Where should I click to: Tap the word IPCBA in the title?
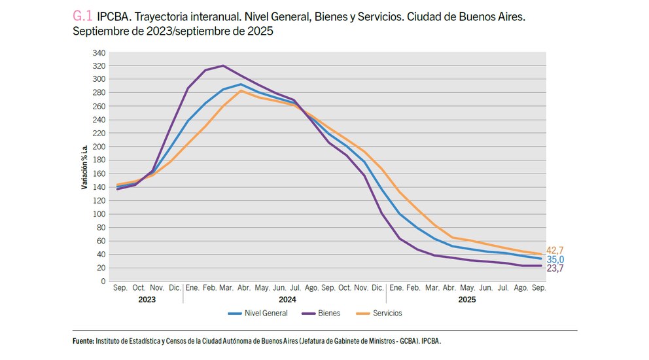tap(111, 16)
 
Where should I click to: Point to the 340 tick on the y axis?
tap(99, 52)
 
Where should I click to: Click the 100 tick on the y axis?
tap(99, 214)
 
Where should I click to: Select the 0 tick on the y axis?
tap(103, 281)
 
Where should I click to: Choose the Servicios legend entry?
tap(387, 314)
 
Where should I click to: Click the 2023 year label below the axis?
tap(147, 300)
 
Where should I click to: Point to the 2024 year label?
tap(287, 300)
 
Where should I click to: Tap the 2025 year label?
tap(466, 300)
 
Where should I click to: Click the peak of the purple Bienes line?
tap(223, 65)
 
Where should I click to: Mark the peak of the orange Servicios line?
tap(241, 90)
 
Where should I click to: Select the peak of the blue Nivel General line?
tap(241, 84)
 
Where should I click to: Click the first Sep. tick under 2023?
tap(120, 288)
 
